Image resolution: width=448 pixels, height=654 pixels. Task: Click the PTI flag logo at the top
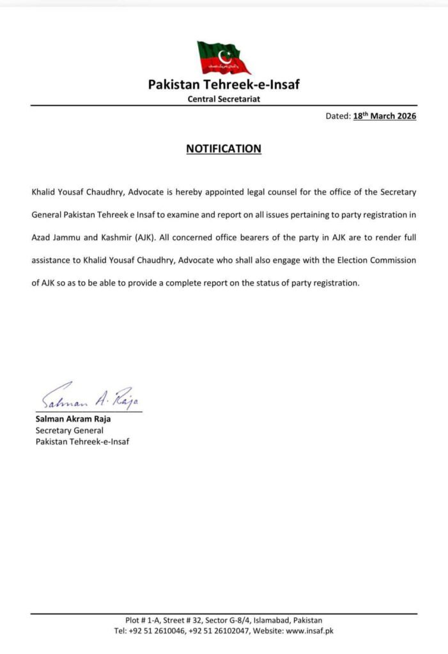coord(223,57)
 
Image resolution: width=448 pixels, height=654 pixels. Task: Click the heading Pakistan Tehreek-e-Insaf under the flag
coord(224,84)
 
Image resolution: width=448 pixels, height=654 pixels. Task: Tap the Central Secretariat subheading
coord(224,99)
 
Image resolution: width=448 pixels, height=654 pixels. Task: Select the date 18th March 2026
coord(385,116)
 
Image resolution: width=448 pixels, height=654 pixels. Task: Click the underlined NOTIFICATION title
coord(224,149)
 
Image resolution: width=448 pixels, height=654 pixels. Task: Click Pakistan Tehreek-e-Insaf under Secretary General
coord(82,441)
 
